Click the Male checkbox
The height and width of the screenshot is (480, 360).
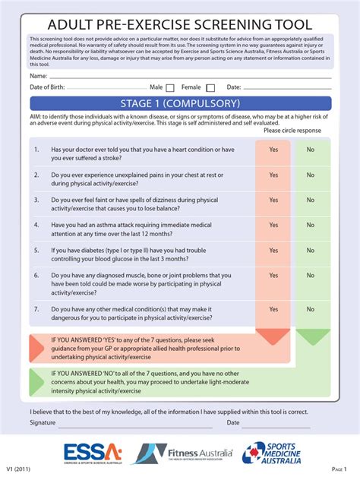pos(170,88)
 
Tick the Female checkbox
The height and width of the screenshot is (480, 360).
pos(210,88)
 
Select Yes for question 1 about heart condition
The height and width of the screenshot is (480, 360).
pos(273,150)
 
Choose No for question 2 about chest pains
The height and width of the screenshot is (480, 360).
pos(310,175)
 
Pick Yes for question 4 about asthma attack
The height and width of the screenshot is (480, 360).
pos(273,225)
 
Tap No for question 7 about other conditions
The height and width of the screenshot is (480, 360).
pos(310,309)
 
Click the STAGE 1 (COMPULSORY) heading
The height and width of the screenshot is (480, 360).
pos(180,103)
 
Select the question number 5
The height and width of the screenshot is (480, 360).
pos(36,250)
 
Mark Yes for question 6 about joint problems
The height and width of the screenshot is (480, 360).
pos(273,276)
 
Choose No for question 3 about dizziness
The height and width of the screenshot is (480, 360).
pos(310,201)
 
